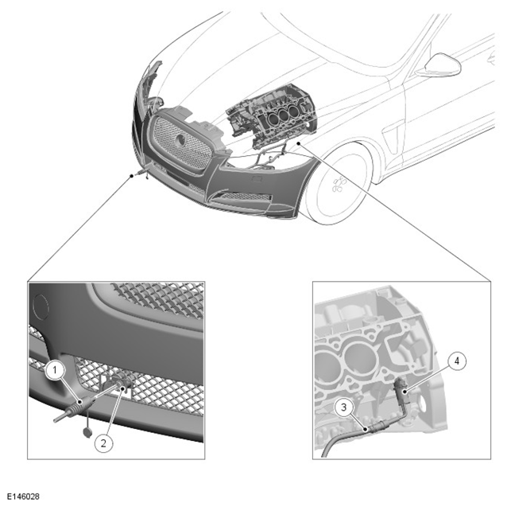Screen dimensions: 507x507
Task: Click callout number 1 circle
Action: coord(55,370)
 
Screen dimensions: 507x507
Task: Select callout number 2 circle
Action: coord(103,443)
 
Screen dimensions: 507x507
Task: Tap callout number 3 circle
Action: coord(344,407)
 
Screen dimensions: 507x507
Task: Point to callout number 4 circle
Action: coord(457,361)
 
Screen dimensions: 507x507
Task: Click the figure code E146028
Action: coord(23,497)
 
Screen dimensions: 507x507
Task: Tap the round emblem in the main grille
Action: coord(180,139)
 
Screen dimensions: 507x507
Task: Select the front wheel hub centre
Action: coord(339,185)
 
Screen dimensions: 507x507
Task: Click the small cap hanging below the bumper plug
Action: coord(87,432)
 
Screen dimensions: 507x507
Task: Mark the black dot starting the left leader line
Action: coord(131,176)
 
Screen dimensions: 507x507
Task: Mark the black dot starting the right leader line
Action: coord(300,142)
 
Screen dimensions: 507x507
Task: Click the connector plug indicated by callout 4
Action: coord(401,391)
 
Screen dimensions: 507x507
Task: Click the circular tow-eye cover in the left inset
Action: coord(41,306)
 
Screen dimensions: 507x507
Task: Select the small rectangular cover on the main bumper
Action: coord(257,177)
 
